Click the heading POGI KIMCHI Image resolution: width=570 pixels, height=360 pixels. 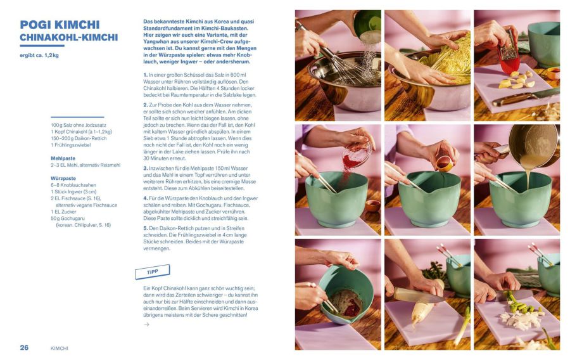[60, 25]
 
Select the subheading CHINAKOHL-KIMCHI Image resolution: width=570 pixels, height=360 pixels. [69, 37]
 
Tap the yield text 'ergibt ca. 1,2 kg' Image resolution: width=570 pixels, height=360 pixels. [39, 56]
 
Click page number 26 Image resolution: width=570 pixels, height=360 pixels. [24, 347]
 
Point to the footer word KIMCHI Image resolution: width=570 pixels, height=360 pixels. [60, 349]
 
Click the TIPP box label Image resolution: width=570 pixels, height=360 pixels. [152, 272]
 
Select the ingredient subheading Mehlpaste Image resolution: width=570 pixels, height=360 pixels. [63, 158]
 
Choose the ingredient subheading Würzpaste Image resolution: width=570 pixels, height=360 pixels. [63, 179]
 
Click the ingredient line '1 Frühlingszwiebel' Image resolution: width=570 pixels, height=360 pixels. [71, 145]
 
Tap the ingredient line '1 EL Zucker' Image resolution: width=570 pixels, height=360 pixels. [63, 212]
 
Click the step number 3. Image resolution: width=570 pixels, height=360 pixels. [146, 169]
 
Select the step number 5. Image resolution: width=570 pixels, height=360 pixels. [146, 228]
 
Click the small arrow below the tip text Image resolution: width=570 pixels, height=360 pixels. [146, 325]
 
